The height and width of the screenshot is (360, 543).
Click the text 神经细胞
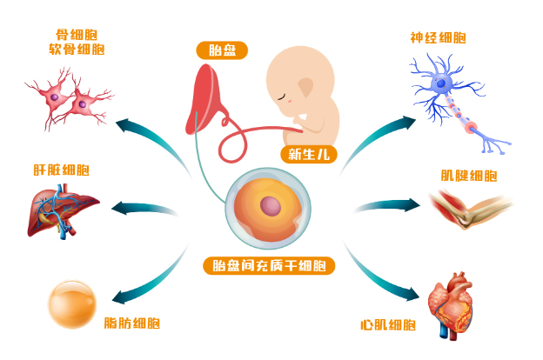438,38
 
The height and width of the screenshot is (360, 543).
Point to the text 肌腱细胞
469,176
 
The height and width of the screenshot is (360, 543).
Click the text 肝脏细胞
61,170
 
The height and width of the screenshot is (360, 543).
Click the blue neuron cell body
442,83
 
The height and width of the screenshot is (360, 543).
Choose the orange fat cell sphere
71,304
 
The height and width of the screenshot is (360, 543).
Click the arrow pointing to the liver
144,209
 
